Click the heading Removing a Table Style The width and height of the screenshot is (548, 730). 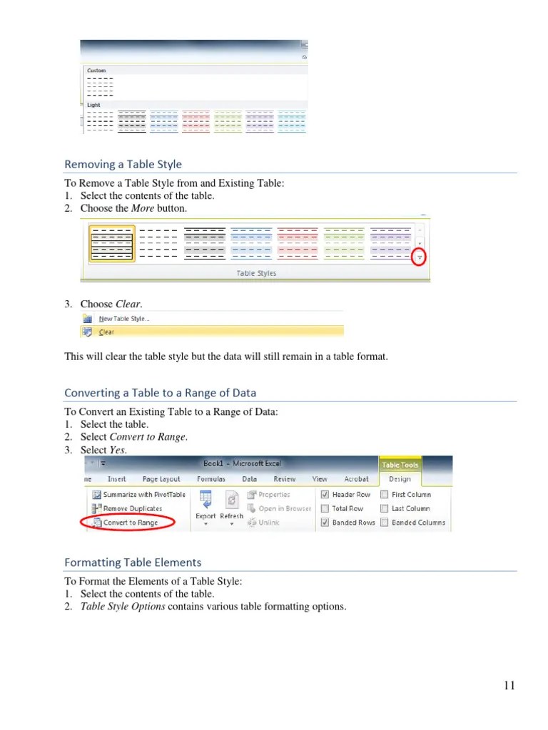click(123, 165)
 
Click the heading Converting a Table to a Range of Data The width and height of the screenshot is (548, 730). click(160, 393)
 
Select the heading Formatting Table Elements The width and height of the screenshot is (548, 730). click(133, 562)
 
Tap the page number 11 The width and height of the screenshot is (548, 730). click(509, 686)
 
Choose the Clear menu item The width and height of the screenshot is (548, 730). click(106, 331)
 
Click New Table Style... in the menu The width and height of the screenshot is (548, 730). click(124, 319)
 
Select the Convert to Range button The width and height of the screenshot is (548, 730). click(130, 523)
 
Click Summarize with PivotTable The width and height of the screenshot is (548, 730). click(143, 494)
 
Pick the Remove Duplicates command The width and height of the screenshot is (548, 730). click(132, 508)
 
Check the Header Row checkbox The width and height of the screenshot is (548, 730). click(325, 494)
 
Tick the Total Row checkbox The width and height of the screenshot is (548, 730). click(325, 508)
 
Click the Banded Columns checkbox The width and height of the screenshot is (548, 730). click(385, 523)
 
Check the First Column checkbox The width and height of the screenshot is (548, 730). click(385, 494)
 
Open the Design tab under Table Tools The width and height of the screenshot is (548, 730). click(400, 479)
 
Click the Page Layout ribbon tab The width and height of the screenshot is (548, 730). click(161, 479)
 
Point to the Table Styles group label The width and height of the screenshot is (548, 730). click(256, 273)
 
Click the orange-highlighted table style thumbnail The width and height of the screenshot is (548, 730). click(112, 243)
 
